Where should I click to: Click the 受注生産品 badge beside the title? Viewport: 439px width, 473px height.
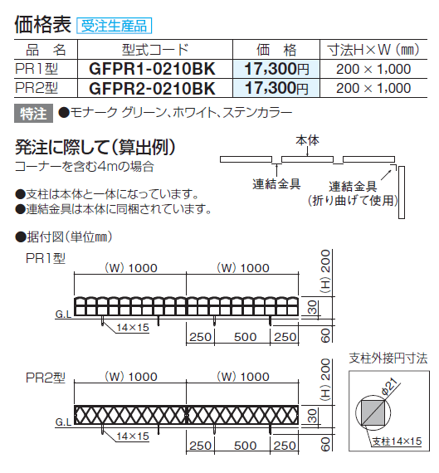coord(114,26)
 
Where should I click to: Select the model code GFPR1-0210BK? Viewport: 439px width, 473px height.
coord(153,69)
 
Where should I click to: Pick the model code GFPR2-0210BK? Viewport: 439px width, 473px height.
coord(153,88)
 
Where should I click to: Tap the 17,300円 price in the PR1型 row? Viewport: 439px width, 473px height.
coord(276,69)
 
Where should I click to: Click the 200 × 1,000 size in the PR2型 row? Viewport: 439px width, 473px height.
coord(373,88)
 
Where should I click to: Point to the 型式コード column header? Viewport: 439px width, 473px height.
coord(155,50)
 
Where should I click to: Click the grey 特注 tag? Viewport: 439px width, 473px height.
coord(33,114)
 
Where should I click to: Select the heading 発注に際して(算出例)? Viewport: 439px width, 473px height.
coord(95,147)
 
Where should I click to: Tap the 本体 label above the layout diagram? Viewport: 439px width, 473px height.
coord(307,140)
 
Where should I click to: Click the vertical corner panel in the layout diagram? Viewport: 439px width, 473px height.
coord(402,193)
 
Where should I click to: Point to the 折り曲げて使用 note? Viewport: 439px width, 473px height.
coord(353,201)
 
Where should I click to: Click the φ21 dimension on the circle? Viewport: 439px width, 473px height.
coord(391,388)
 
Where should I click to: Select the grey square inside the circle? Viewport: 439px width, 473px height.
coord(373,413)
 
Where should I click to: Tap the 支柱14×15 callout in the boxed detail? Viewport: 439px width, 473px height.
coord(397,441)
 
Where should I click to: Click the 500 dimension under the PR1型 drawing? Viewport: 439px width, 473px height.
coord(245,337)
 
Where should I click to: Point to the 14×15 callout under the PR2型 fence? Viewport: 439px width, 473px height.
coord(133,436)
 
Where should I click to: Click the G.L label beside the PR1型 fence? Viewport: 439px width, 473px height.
coord(63,315)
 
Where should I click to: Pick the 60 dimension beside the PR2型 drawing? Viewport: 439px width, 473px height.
coord(325,444)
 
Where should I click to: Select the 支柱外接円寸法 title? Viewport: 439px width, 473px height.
coord(388,358)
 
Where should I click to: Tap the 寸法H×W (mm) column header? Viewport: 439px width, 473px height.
coord(373,50)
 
